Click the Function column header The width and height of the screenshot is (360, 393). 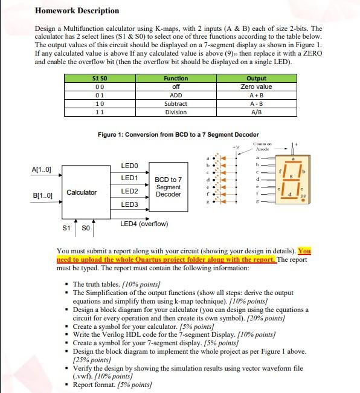[176, 79]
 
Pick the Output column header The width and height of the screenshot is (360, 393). [256, 79]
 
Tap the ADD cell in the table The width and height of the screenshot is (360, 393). [176, 95]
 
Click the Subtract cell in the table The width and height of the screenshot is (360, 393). [176, 103]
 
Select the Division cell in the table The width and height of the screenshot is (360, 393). [176, 112]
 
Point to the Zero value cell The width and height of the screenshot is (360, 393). [256, 86]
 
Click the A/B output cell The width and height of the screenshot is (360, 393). [256, 112]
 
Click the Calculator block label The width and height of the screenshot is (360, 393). [82, 192]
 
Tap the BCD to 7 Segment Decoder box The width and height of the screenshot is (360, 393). [167, 187]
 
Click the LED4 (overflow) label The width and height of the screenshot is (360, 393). [144, 224]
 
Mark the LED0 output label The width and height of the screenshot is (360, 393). [129, 165]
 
